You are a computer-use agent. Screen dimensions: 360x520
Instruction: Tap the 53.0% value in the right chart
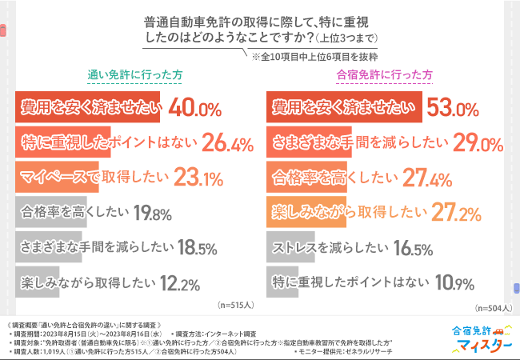(453, 107)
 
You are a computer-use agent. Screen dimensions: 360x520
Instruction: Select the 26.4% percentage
(230, 142)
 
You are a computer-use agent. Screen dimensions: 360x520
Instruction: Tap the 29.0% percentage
(477, 142)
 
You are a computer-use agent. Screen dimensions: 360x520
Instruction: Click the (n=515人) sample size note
(235, 305)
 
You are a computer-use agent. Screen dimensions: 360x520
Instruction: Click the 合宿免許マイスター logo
(481, 338)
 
